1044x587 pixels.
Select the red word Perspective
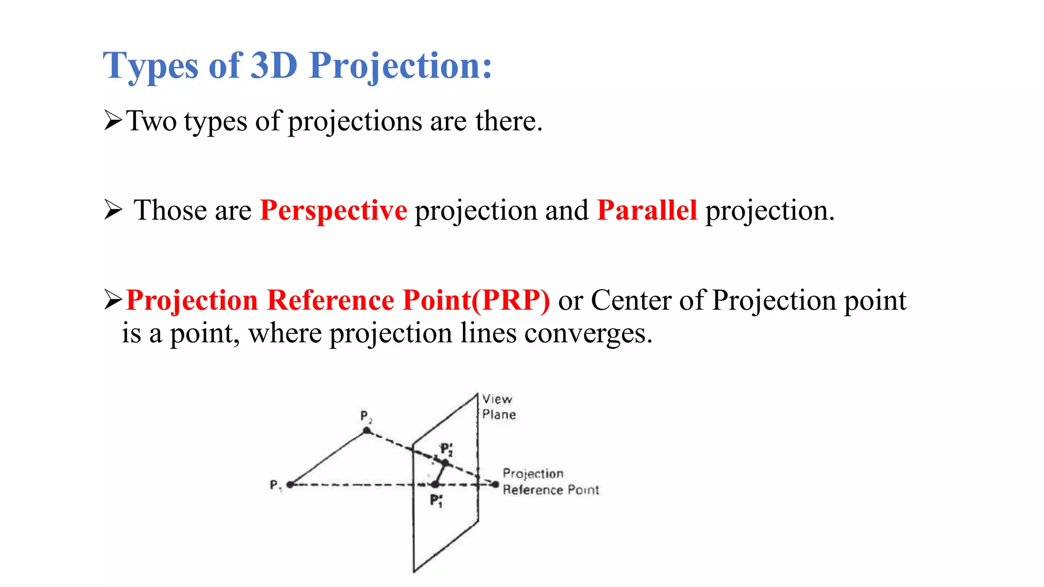point(333,210)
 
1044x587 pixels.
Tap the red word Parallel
point(646,210)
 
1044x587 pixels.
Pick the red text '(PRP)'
point(510,300)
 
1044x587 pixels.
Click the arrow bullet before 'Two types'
point(113,121)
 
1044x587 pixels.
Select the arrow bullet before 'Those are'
point(113,210)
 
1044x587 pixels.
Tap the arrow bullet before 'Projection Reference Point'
point(113,300)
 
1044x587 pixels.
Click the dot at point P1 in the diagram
point(290,485)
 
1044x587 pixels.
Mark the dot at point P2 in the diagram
point(367,431)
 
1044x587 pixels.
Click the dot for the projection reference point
point(495,484)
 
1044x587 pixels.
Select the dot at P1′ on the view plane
point(435,484)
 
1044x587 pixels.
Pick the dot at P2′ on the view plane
point(445,463)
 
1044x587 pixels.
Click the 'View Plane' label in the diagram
point(499,407)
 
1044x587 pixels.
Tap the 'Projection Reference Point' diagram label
point(551,482)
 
